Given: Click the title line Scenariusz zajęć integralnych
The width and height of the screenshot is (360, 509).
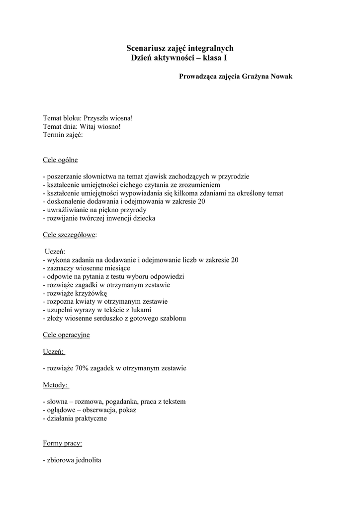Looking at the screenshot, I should coord(180,48).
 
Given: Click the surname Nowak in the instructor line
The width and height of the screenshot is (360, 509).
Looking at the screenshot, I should coord(281,77).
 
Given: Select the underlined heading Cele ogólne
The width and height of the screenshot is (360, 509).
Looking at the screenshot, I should coord(60,160).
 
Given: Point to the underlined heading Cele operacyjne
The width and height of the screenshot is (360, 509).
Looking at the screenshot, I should coord(66,335).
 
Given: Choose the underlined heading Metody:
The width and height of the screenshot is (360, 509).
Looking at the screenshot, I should coord(56,385).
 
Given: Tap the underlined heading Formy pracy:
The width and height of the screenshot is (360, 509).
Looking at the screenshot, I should coord(63,443).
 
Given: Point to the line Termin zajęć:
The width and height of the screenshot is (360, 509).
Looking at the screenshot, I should coord(63,135).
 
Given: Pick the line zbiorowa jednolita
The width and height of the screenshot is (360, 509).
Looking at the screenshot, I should coord(72,460).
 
